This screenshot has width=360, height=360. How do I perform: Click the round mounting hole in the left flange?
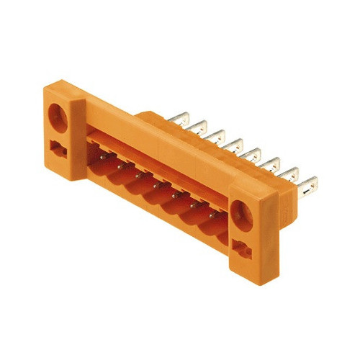pyautogui.click(x=57, y=114)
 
